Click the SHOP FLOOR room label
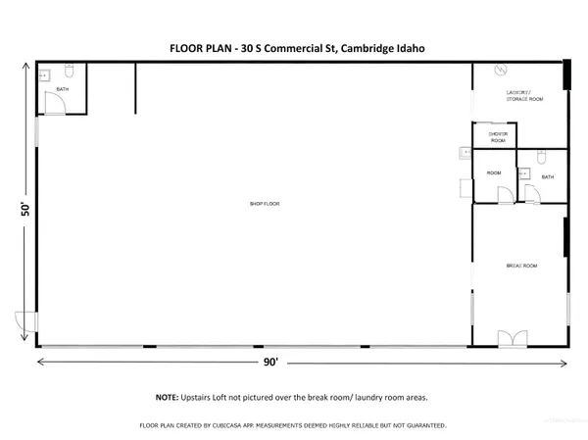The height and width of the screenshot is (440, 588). [265, 204]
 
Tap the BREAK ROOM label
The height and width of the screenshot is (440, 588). [520, 266]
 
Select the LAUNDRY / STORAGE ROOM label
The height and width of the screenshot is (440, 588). [524, 96]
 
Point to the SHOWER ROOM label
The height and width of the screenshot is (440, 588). [498, 137]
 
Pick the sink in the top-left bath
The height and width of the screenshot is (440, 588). [44, 74]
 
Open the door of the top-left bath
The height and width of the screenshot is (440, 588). [55, 108]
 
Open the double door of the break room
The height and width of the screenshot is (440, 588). [512, 338]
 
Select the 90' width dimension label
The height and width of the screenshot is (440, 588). [269, 362]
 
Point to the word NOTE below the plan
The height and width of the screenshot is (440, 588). [166, 398]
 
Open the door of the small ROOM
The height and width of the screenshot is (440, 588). [504, 195]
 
